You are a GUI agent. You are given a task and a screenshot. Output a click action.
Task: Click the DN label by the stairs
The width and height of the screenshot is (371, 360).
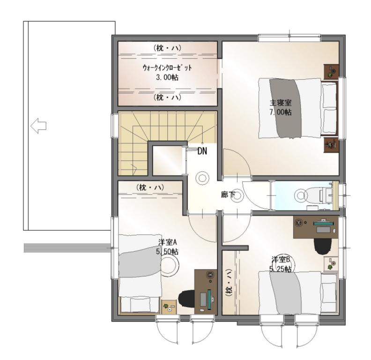202,151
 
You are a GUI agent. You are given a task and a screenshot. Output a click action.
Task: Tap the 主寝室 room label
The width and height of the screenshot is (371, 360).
281,103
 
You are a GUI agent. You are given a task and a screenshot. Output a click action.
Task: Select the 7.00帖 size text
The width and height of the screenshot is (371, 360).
281,112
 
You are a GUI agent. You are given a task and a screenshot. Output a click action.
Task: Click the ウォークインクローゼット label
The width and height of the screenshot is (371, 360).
167,68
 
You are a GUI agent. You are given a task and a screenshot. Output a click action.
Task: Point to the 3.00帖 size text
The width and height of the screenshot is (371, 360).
167,77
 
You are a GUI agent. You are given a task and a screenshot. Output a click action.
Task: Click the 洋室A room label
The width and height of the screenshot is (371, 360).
168,242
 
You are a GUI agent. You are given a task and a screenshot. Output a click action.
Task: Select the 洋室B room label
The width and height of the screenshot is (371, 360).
281,260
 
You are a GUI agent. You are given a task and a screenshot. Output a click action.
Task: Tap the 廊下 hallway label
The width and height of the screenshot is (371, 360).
228,195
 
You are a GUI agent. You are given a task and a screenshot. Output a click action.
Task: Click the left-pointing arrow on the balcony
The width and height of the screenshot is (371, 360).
38,126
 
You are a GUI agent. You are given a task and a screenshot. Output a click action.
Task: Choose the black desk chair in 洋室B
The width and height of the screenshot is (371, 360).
322,246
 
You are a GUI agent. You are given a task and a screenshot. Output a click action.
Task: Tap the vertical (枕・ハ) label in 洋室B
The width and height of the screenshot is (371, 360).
229,283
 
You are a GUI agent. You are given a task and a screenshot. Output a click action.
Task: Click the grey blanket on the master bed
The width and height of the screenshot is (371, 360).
286,108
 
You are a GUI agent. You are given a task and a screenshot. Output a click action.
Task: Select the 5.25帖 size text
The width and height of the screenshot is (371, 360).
281,269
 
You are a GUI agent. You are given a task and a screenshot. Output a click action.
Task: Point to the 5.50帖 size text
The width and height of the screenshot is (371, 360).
167,252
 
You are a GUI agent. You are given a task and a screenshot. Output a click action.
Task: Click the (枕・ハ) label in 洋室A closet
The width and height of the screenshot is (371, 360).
150,188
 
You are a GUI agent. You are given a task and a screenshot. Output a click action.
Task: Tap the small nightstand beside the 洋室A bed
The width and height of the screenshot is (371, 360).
169,307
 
